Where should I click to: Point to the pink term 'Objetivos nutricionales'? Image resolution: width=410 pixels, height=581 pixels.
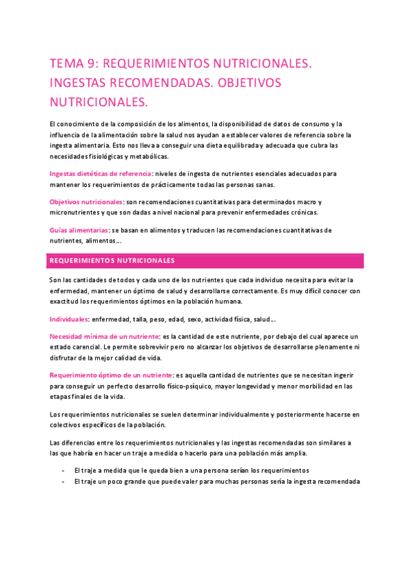86,202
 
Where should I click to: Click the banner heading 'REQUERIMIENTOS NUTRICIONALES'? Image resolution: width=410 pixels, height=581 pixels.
112,261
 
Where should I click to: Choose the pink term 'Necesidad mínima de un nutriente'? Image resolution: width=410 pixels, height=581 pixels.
104,336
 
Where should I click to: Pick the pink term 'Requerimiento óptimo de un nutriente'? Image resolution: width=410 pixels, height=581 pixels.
111,375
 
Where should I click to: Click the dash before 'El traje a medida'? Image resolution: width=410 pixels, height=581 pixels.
63,471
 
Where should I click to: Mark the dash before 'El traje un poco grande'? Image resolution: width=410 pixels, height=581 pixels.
63,482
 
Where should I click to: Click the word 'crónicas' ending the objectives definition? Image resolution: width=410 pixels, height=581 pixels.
303,212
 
